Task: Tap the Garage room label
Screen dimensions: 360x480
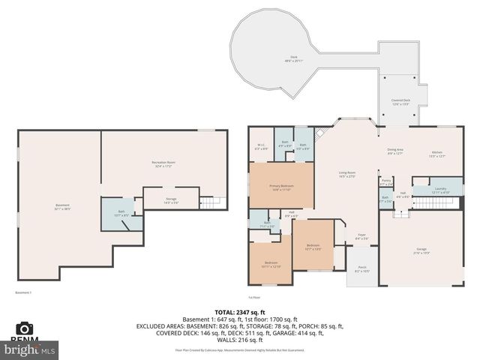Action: (x=421, y=250)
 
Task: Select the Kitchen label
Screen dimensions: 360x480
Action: (x=437, y=154)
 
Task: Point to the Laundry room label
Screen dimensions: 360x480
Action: (x=439, y=190)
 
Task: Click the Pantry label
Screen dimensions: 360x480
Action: (x=386, y=181)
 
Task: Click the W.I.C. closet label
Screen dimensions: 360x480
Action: (x=261, y=147)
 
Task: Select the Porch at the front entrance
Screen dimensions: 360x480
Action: (x=361, y=268)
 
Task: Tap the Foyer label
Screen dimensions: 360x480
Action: (x=361, y=237)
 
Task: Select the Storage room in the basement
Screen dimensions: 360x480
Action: (x=172, y=200)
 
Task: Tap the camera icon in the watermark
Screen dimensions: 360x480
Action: (x=25, y=328)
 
